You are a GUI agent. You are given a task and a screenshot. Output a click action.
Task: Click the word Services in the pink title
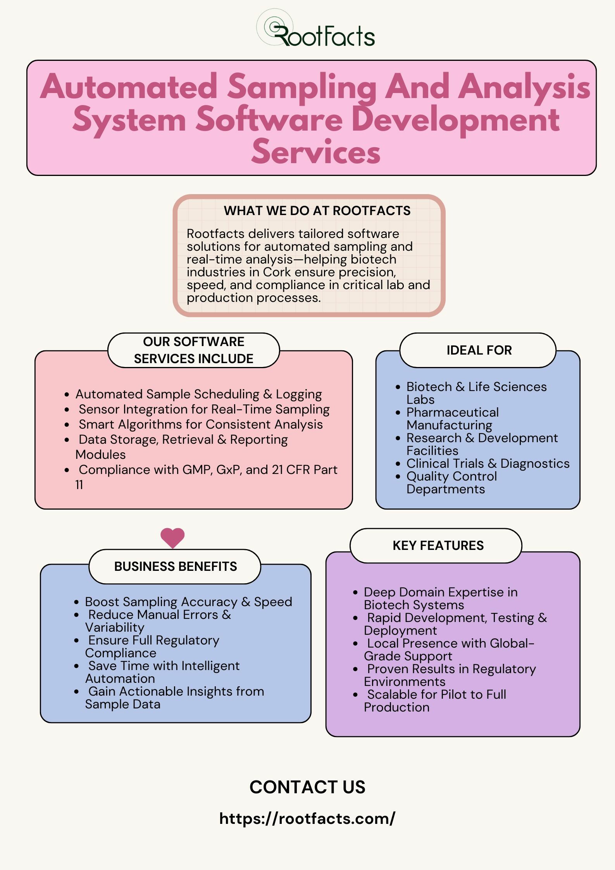pos(316,152)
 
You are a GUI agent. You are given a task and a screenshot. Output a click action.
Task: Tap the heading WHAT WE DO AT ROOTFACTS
pos(317,210)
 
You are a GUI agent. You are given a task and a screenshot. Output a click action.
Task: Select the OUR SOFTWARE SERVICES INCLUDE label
pos(193,350)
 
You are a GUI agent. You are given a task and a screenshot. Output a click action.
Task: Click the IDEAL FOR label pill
pos(478,350)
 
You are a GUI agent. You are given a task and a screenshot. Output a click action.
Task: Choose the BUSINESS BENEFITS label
pos(175,566)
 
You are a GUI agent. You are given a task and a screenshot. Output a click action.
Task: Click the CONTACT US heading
pos(307,787)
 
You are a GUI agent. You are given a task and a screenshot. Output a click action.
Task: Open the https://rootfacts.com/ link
pos(307,818)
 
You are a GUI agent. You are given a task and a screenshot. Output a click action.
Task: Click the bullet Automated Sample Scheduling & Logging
pos(198,394)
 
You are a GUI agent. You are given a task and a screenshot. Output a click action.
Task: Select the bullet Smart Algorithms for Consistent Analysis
pos(201,424)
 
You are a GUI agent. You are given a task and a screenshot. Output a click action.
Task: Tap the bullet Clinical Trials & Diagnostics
pos(488,463)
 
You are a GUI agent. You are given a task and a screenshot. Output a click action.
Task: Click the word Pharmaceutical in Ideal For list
pos(453,412)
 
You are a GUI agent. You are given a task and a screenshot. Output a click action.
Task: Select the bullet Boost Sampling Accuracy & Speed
pos(189,602)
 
